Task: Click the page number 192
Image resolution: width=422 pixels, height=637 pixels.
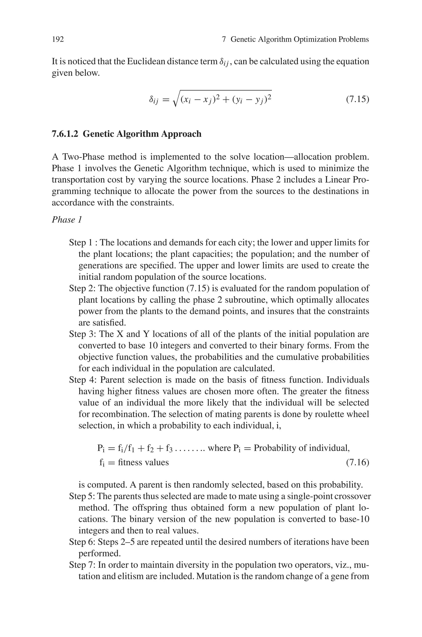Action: (x=58, y=40)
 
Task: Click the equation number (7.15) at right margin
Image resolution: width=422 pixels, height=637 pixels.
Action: (x=357, y=99)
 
